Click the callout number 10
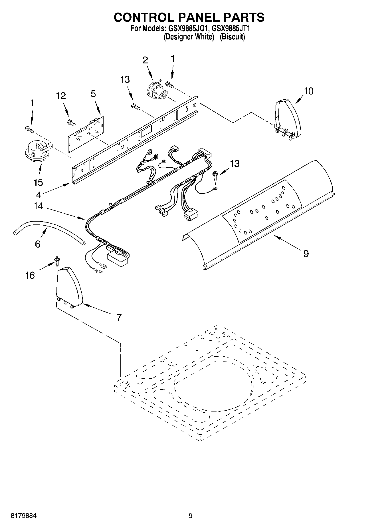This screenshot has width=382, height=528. coord(308,91)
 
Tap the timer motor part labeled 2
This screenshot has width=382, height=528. coord(155,91)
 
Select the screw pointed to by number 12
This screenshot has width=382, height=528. coord(71,123)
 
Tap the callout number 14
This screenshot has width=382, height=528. coord(38,206)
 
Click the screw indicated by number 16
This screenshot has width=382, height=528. coord(57,260)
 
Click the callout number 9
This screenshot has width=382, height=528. coord(306,253)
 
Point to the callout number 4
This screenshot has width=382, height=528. coord(39,195)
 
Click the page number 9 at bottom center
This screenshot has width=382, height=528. coord(191,516)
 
